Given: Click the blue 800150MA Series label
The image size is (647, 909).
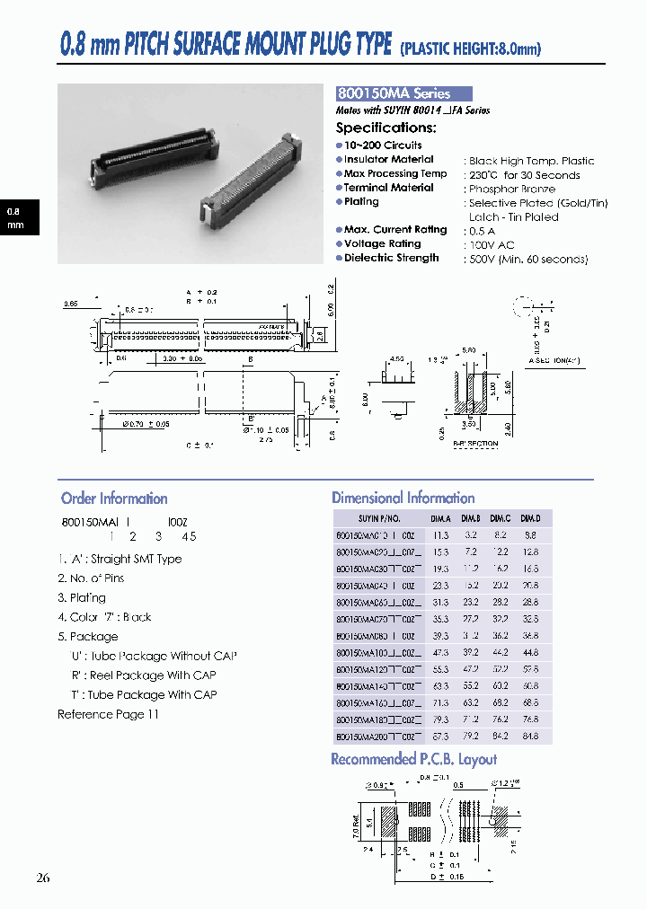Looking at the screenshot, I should pos(403,93).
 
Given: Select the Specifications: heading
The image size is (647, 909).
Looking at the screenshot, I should pos(386,128).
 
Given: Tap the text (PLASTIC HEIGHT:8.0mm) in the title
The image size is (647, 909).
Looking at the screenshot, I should pos(471,49).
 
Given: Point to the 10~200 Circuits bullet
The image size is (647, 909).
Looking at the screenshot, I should pos(382,146).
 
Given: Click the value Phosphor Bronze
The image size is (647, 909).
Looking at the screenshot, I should pos(511,189).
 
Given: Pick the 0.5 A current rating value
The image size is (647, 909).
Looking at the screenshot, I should pos(482,231).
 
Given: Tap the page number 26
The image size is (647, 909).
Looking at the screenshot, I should pos(44,878).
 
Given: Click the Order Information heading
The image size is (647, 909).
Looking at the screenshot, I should pos(114,499).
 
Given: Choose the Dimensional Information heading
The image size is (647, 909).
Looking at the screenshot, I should pos(403,498).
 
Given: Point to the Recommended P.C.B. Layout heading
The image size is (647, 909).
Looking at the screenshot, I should pos(413,759).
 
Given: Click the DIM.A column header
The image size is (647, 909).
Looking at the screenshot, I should pos(440,518).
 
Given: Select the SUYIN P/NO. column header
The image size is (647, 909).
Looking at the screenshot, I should pos(380,518).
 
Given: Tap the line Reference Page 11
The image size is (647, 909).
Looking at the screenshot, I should pos(108,715).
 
